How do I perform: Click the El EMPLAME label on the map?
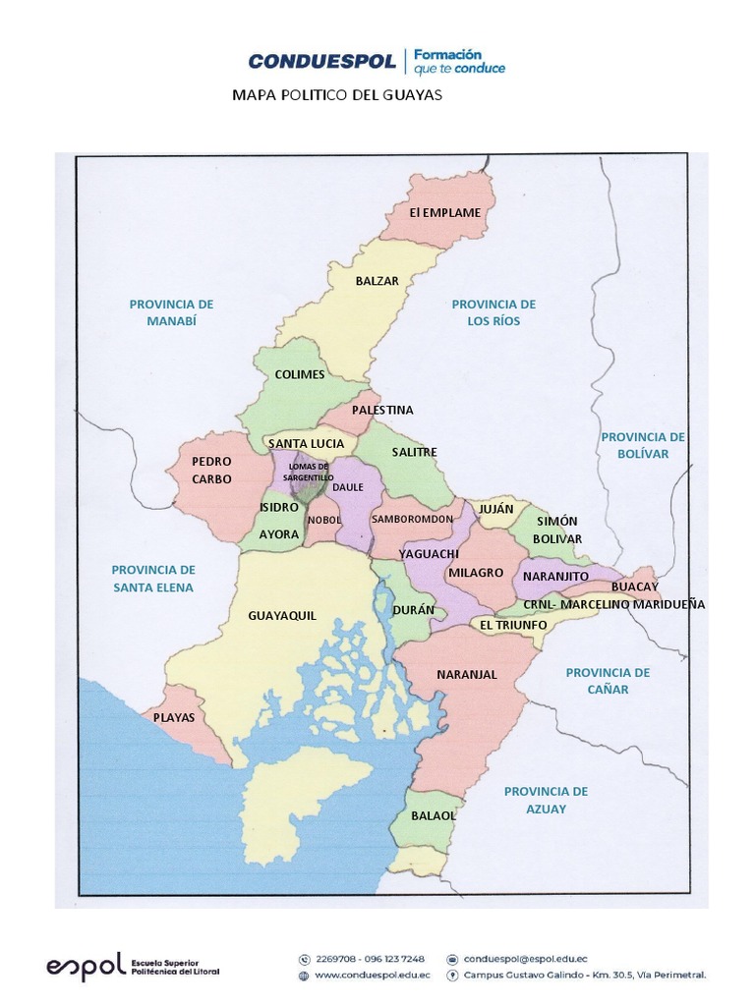point(445,212)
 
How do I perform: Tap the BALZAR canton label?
point(377,280)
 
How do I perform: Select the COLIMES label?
point(300,374)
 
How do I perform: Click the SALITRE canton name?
point(414,452)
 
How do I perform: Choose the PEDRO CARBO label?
point(211,470)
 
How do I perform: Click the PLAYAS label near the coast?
point(174,717)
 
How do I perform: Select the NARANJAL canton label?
point(466,674)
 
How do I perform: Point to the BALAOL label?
point(434,815)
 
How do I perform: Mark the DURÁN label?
point(413,610)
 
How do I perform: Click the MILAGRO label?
point(475,572)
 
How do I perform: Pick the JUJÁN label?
point(496,509)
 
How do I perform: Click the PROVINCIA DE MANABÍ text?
point(171,312)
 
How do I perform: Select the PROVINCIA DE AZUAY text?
point(546,800)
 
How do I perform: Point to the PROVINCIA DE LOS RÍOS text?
point(494,312)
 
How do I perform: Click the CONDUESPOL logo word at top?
point(321,62)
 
